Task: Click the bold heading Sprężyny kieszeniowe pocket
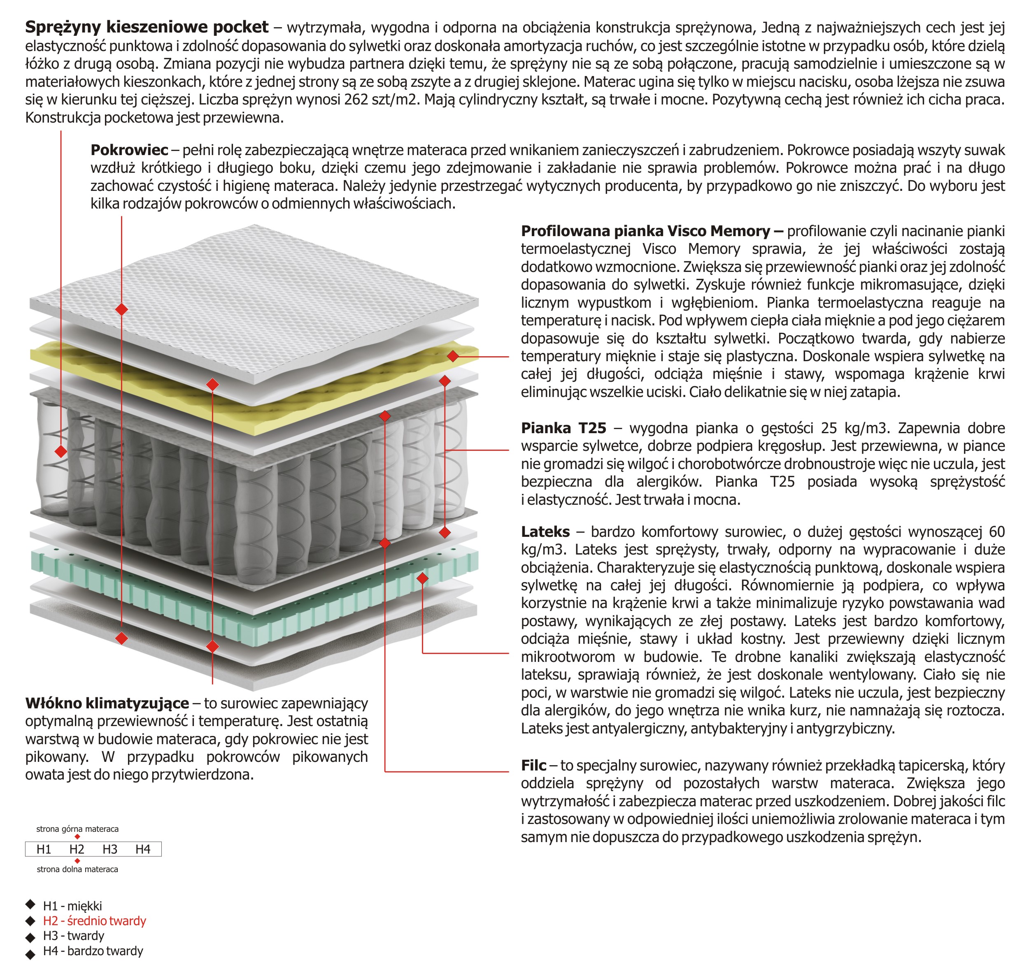[x=147, y=27]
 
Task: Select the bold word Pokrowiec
[x=129, y=150]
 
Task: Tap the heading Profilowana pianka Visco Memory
[x=651, y=231]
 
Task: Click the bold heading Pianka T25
[x=563, y=428]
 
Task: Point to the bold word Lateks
[x=545, y=532]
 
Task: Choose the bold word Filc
[x=533, y=765]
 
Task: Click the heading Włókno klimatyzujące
[x=107, y=703]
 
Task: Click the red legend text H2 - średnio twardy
[x=94, y=921]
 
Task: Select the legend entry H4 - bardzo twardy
[x=93, y=951]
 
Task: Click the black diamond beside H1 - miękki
[x=31, y=904]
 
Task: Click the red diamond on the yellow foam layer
[x=453, y=356]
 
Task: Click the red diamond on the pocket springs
[x=61, y=451]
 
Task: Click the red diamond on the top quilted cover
[x=121, y=309]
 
